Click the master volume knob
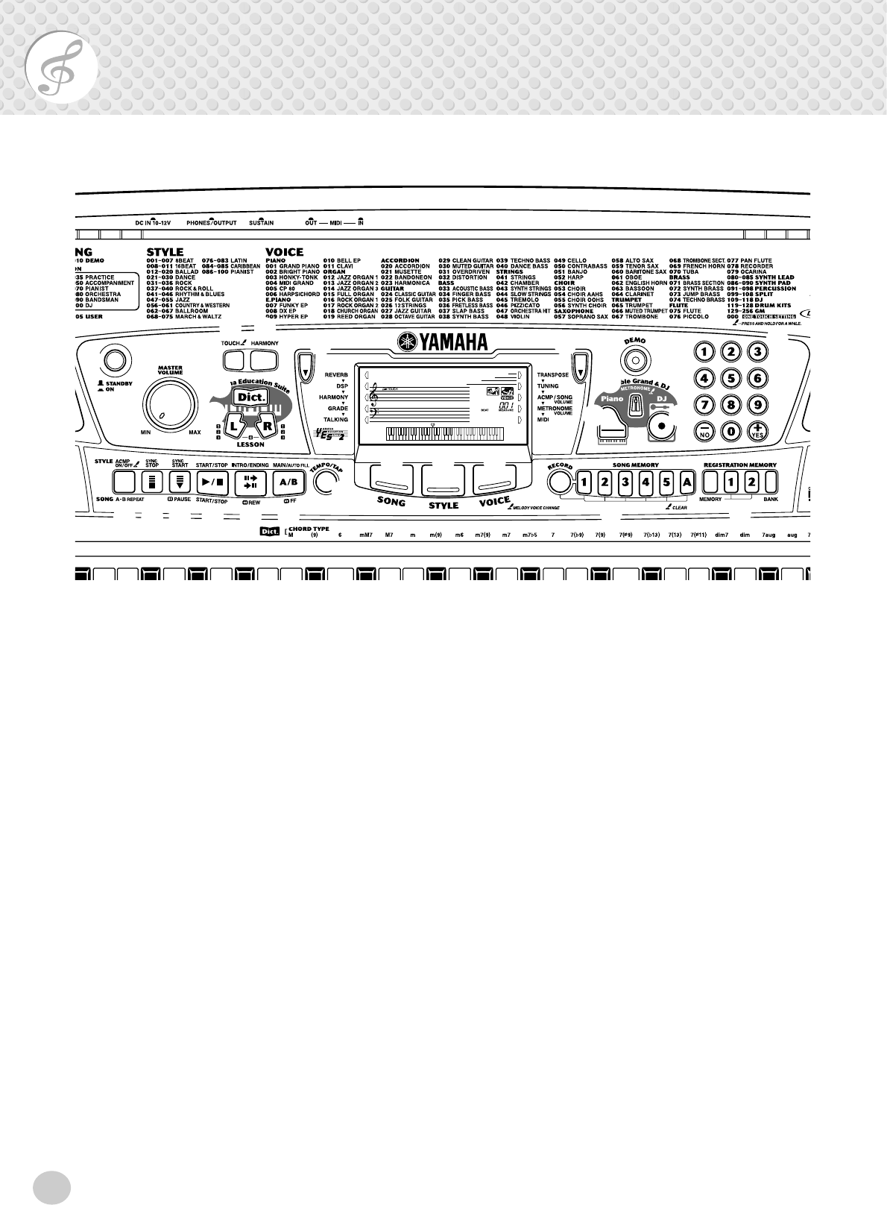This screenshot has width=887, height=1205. [162, 406]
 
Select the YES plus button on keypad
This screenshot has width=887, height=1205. [757, 430]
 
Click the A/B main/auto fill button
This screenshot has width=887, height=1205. [288, 482]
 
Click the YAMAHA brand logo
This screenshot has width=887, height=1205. [443, 342]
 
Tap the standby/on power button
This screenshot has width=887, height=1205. [113, 361]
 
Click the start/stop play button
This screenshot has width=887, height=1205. [211, 482]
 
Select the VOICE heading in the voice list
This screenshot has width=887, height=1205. [285, 252]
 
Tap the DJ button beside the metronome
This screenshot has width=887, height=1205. [660, 399]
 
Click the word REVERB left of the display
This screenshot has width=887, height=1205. [336, 375]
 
